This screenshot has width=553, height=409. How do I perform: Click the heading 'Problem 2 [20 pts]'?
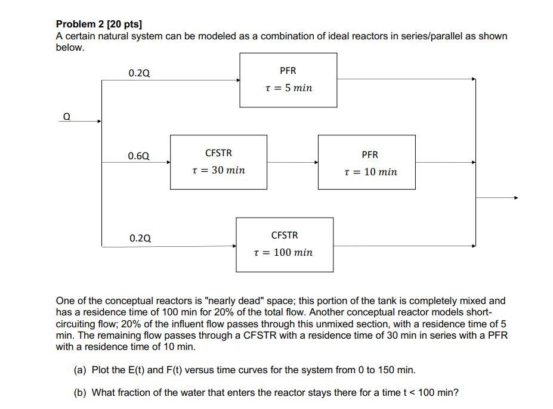(x=99, y=24)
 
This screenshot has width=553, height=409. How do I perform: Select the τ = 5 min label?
(x=288, y=88)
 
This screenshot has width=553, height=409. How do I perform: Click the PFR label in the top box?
(x=288, y=71)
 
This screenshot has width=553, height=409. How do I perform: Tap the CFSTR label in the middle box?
(x=218, y=153)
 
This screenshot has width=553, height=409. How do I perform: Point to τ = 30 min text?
(x=218, y=171)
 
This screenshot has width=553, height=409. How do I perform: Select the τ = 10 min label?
(x=370, y=172)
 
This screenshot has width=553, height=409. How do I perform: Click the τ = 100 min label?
(x=283, y=253)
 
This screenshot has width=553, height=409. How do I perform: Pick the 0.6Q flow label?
(x=139, y=156)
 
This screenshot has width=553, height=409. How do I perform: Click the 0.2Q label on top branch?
(x=139, y=73)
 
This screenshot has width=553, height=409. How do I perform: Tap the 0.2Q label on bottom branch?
(x=140, y=238)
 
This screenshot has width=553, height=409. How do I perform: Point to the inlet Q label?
(x=66, y=117)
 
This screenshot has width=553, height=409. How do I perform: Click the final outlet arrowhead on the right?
(x=516, y=198)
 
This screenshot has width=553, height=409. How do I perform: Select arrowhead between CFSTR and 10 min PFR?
(x=316, y=162)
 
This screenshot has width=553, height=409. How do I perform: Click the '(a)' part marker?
(x=80, y=370)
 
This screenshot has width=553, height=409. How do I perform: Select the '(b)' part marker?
(x=80, y=392)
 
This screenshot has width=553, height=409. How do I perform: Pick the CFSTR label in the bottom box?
(x=285, y=236)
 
